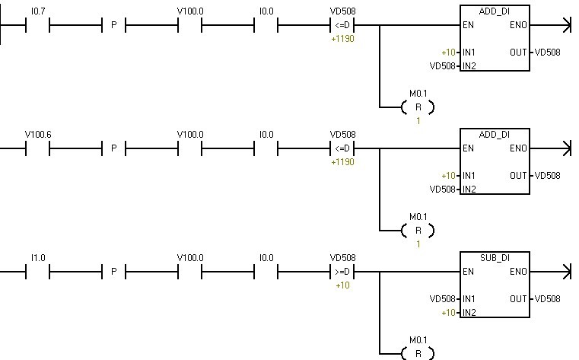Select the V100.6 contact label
point(38,135)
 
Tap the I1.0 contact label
point(37,258)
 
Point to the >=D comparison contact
point(342,272)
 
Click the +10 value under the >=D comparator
point(342,285)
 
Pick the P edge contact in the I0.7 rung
point(114,25)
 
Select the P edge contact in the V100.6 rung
point(114,148)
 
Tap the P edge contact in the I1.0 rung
point(114,272)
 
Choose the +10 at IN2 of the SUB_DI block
point(448,313)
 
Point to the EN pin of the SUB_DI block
point(468,272)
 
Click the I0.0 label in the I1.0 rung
point(266,258)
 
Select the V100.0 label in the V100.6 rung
point(190,135)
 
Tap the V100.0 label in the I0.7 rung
point(190,11)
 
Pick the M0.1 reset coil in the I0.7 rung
point(418,107)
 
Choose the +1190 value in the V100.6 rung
point(342,162)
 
